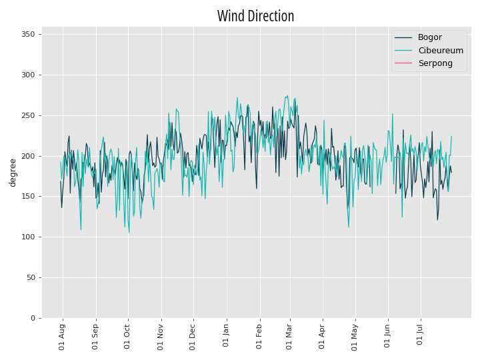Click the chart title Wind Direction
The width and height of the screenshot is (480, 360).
[x=255, y=16]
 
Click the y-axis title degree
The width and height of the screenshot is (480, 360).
[x=13, y=173]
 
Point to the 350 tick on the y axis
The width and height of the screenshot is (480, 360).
[x=28, y=34]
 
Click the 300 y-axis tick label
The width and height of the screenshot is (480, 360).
[x=28, y=75]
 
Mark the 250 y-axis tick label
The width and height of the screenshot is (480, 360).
[x=28, y=116]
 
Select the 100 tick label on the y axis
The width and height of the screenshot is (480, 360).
[x=28, y=237]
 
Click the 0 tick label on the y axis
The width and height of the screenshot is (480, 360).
[x=33, y=319]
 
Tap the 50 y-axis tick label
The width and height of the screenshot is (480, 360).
[x=31, y=277]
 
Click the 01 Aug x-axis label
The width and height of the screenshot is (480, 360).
[x=62, y=337]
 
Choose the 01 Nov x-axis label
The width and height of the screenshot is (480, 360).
[x=161, y=337]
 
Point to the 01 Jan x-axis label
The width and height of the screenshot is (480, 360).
[x=226, y=336]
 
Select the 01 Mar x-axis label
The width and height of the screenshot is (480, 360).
[x=289, y=337]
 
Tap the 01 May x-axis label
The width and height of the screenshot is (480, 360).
[x=355, y=337]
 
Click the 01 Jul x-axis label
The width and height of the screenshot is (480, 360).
[x=420, y=335]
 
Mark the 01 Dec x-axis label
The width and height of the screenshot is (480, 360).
[x=192, y=337]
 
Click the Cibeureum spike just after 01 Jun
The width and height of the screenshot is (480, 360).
[x=393, y=114]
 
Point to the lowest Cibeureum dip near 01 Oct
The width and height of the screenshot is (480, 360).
[x=129, y=233]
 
